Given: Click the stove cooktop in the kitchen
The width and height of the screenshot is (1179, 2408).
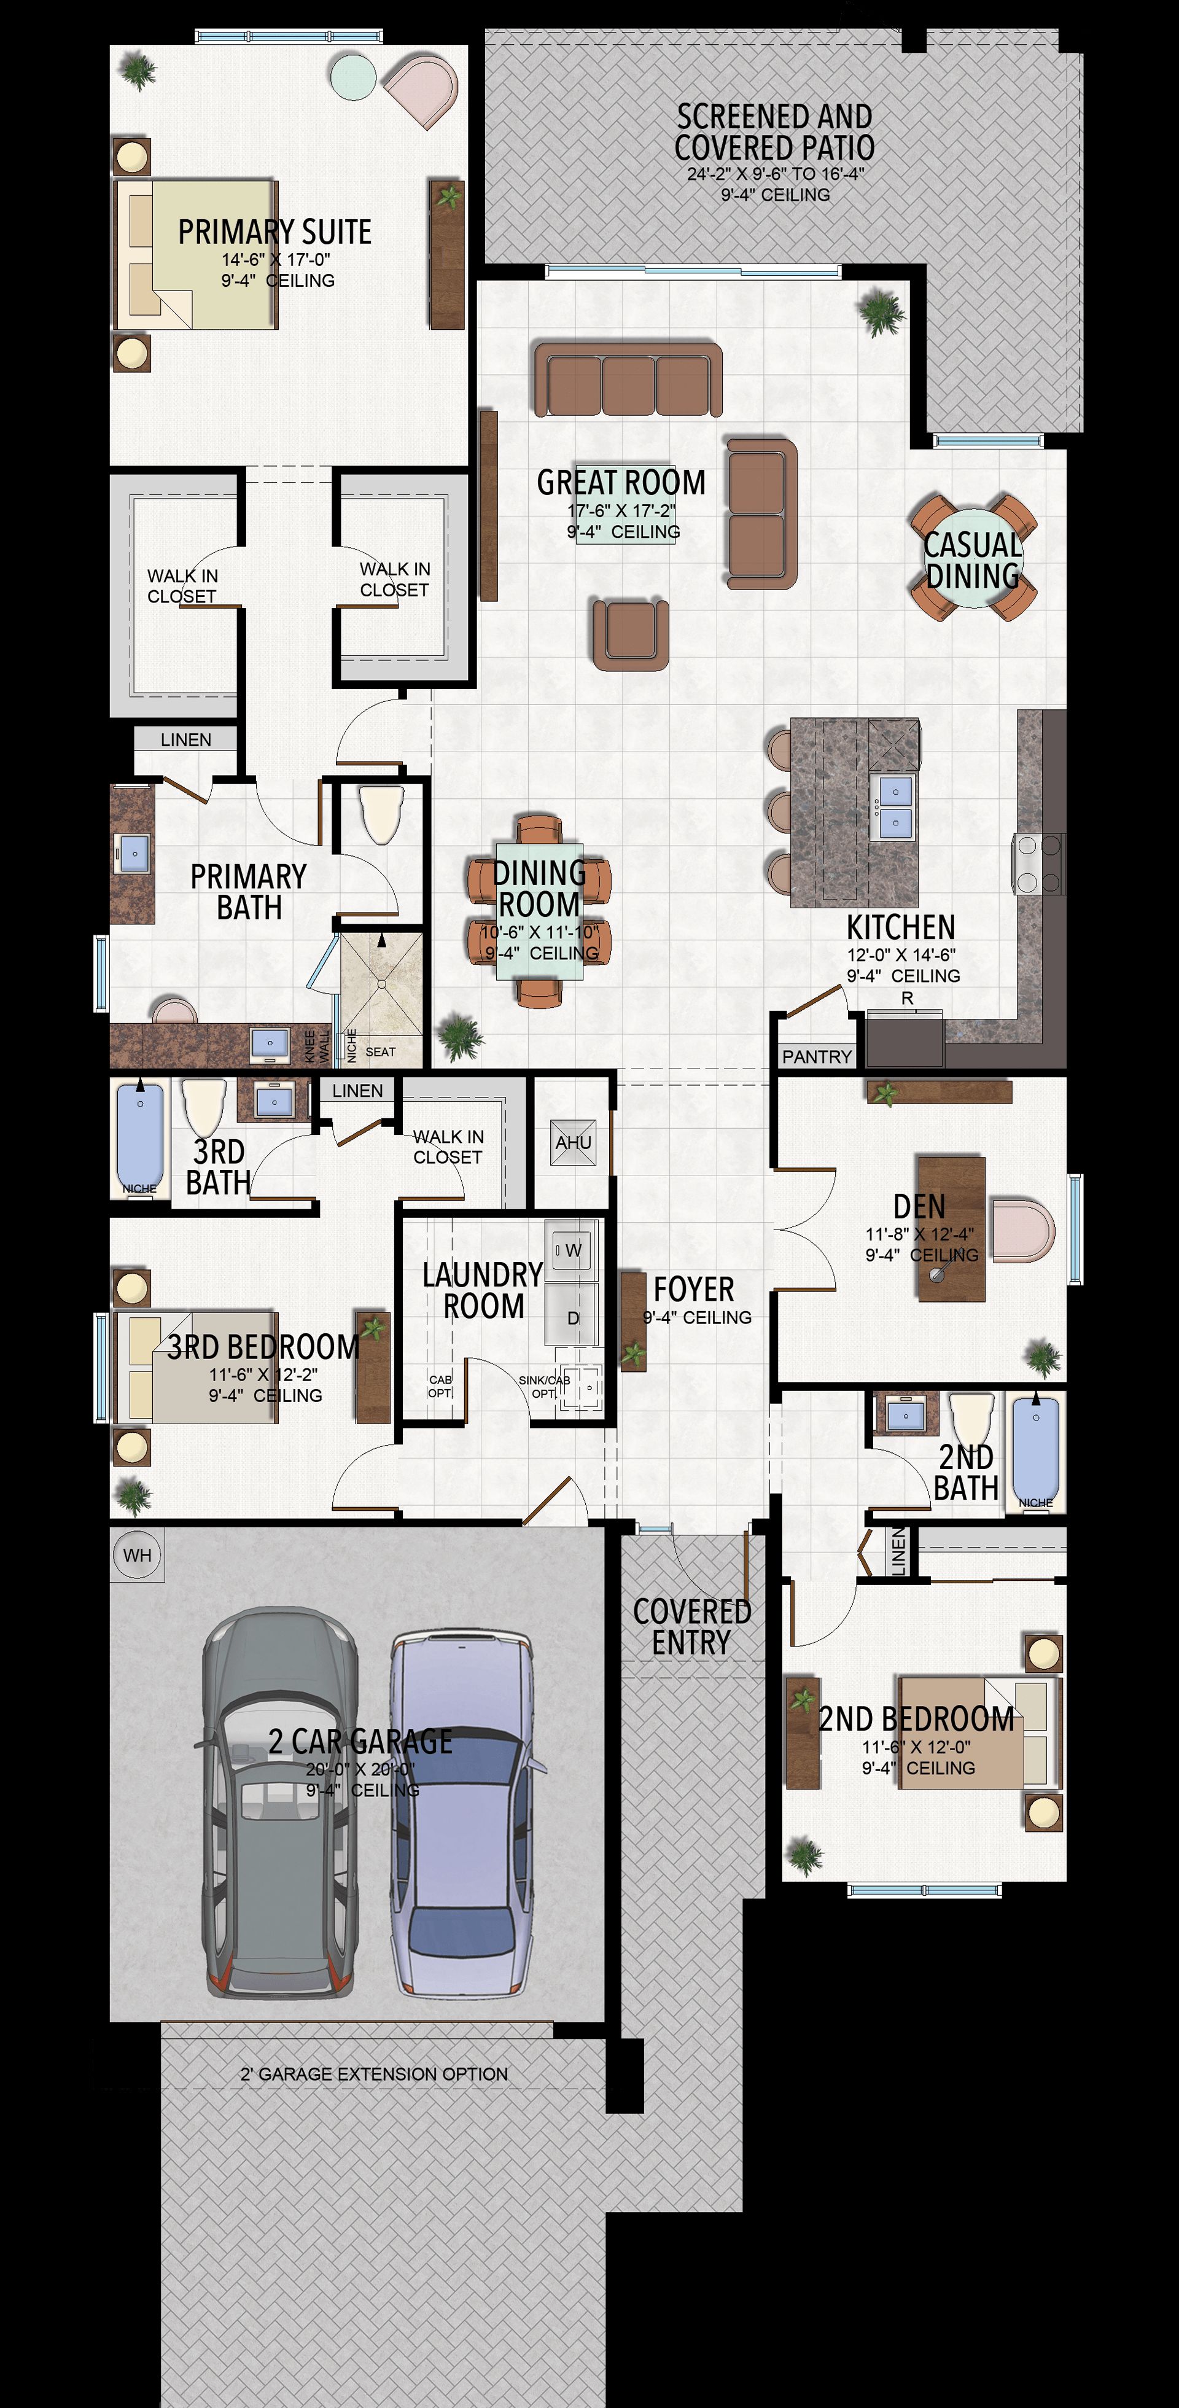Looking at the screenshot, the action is [x=1038, y=865].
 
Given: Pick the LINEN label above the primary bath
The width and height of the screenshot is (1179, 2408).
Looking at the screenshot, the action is [x=186, y=739].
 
